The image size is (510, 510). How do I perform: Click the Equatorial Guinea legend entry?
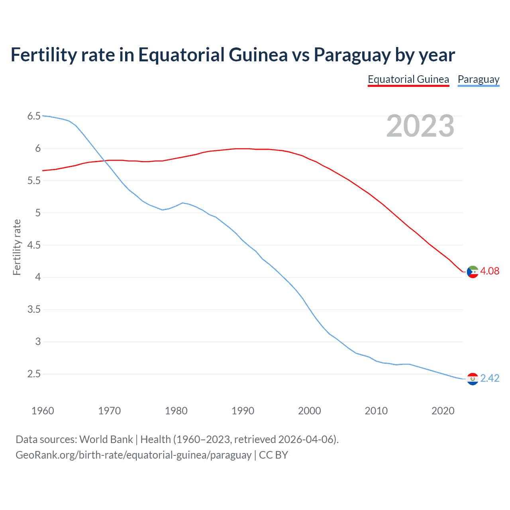coord(408,79)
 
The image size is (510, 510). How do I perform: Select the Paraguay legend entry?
coord(478,79)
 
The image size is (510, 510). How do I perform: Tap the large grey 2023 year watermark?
coord(420,126)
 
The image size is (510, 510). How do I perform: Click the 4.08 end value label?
coord(490,271)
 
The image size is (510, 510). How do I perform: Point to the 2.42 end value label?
coord(490,378)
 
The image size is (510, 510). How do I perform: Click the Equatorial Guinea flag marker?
coord(473,272)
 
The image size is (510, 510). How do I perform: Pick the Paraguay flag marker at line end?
coord(473,379)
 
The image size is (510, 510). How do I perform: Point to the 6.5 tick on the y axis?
coord(34,116)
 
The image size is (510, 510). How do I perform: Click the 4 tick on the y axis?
coord(38,277)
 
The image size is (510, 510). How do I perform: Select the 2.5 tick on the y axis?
coord(34,374)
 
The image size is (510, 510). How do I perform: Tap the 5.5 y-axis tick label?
coord(34,181)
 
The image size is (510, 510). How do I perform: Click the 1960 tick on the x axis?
coord(43,411)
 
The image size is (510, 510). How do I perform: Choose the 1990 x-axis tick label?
coord(243,411)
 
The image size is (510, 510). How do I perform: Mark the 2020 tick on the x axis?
coord(443,411)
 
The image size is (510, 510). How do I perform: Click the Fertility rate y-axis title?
coord(17,247)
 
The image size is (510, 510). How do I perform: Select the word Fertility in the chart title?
coord(43,55)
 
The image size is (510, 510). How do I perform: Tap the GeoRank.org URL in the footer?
coord(133,455)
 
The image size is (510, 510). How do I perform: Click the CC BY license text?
coord(273,455)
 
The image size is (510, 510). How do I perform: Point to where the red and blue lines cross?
coord(104,161)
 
